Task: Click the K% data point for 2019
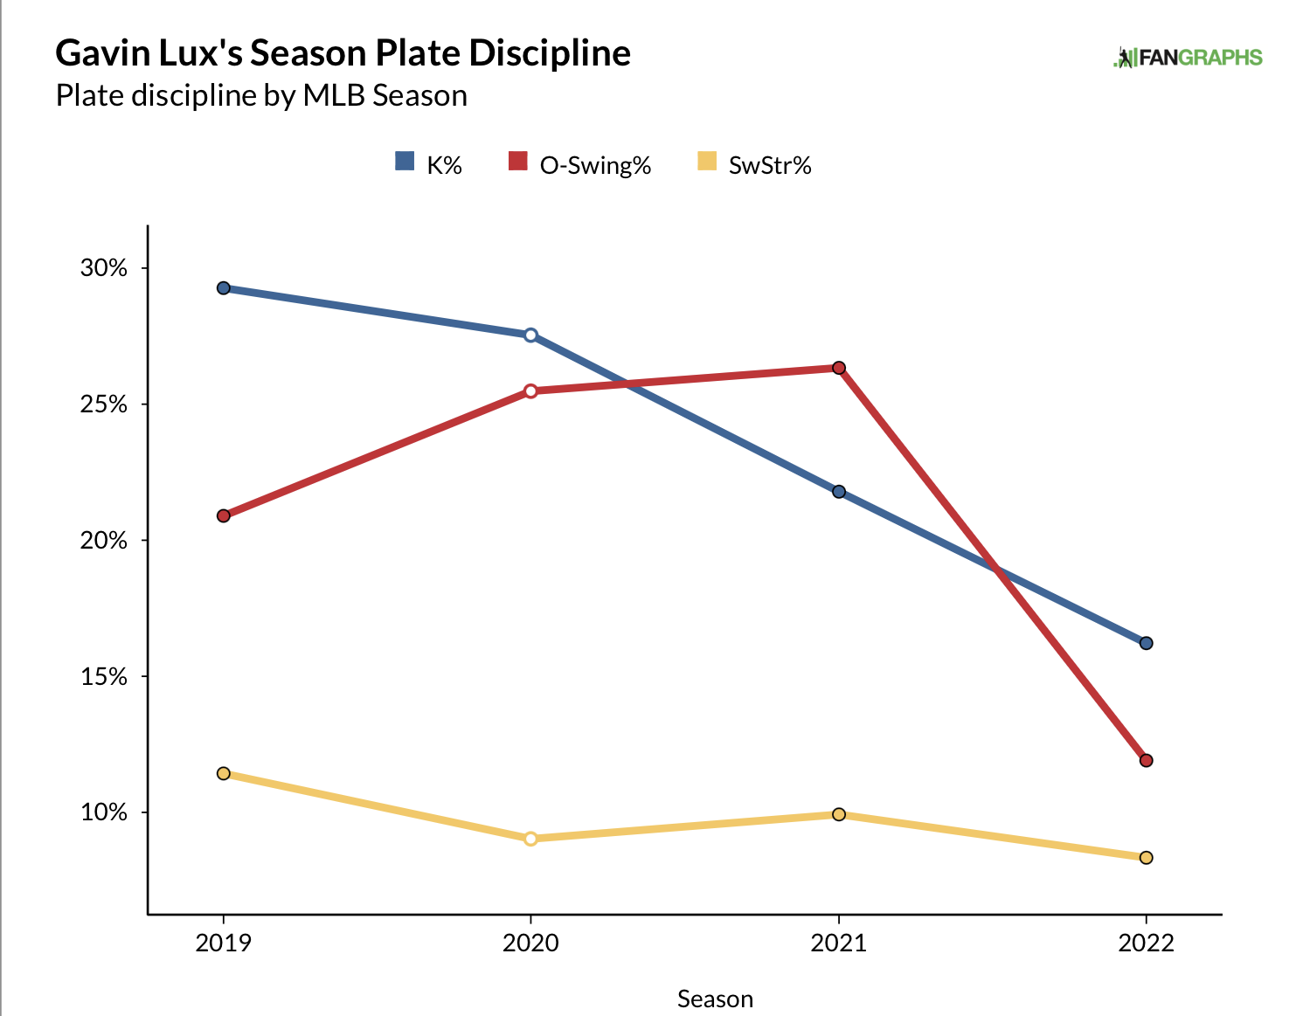tap(224, 288)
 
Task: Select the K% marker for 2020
tap(530, 335)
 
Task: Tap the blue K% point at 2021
tap(839, 492)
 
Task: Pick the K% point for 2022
tap(1147, 643)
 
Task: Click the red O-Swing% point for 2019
tap(224, 515)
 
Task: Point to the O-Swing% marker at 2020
tap(530, 391)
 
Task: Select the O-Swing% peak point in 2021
tap(839, 368)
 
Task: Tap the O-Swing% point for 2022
tap(1147, 761)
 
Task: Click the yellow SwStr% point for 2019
tap(224, 773)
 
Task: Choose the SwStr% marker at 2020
tap(530, 839)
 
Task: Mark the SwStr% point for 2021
tap(839, 814)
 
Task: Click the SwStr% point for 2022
tap(1147, 858)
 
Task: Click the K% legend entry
tap(429, 164)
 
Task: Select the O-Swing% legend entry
tap(580, 164)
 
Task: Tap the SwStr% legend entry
tap(755, 164)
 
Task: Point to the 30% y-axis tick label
tap(104, 268)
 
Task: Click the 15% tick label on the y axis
tap(104, 677)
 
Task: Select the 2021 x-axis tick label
tap(839, 943)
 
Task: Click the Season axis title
tap(715, 999)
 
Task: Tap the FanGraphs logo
tap(1188, 58)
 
